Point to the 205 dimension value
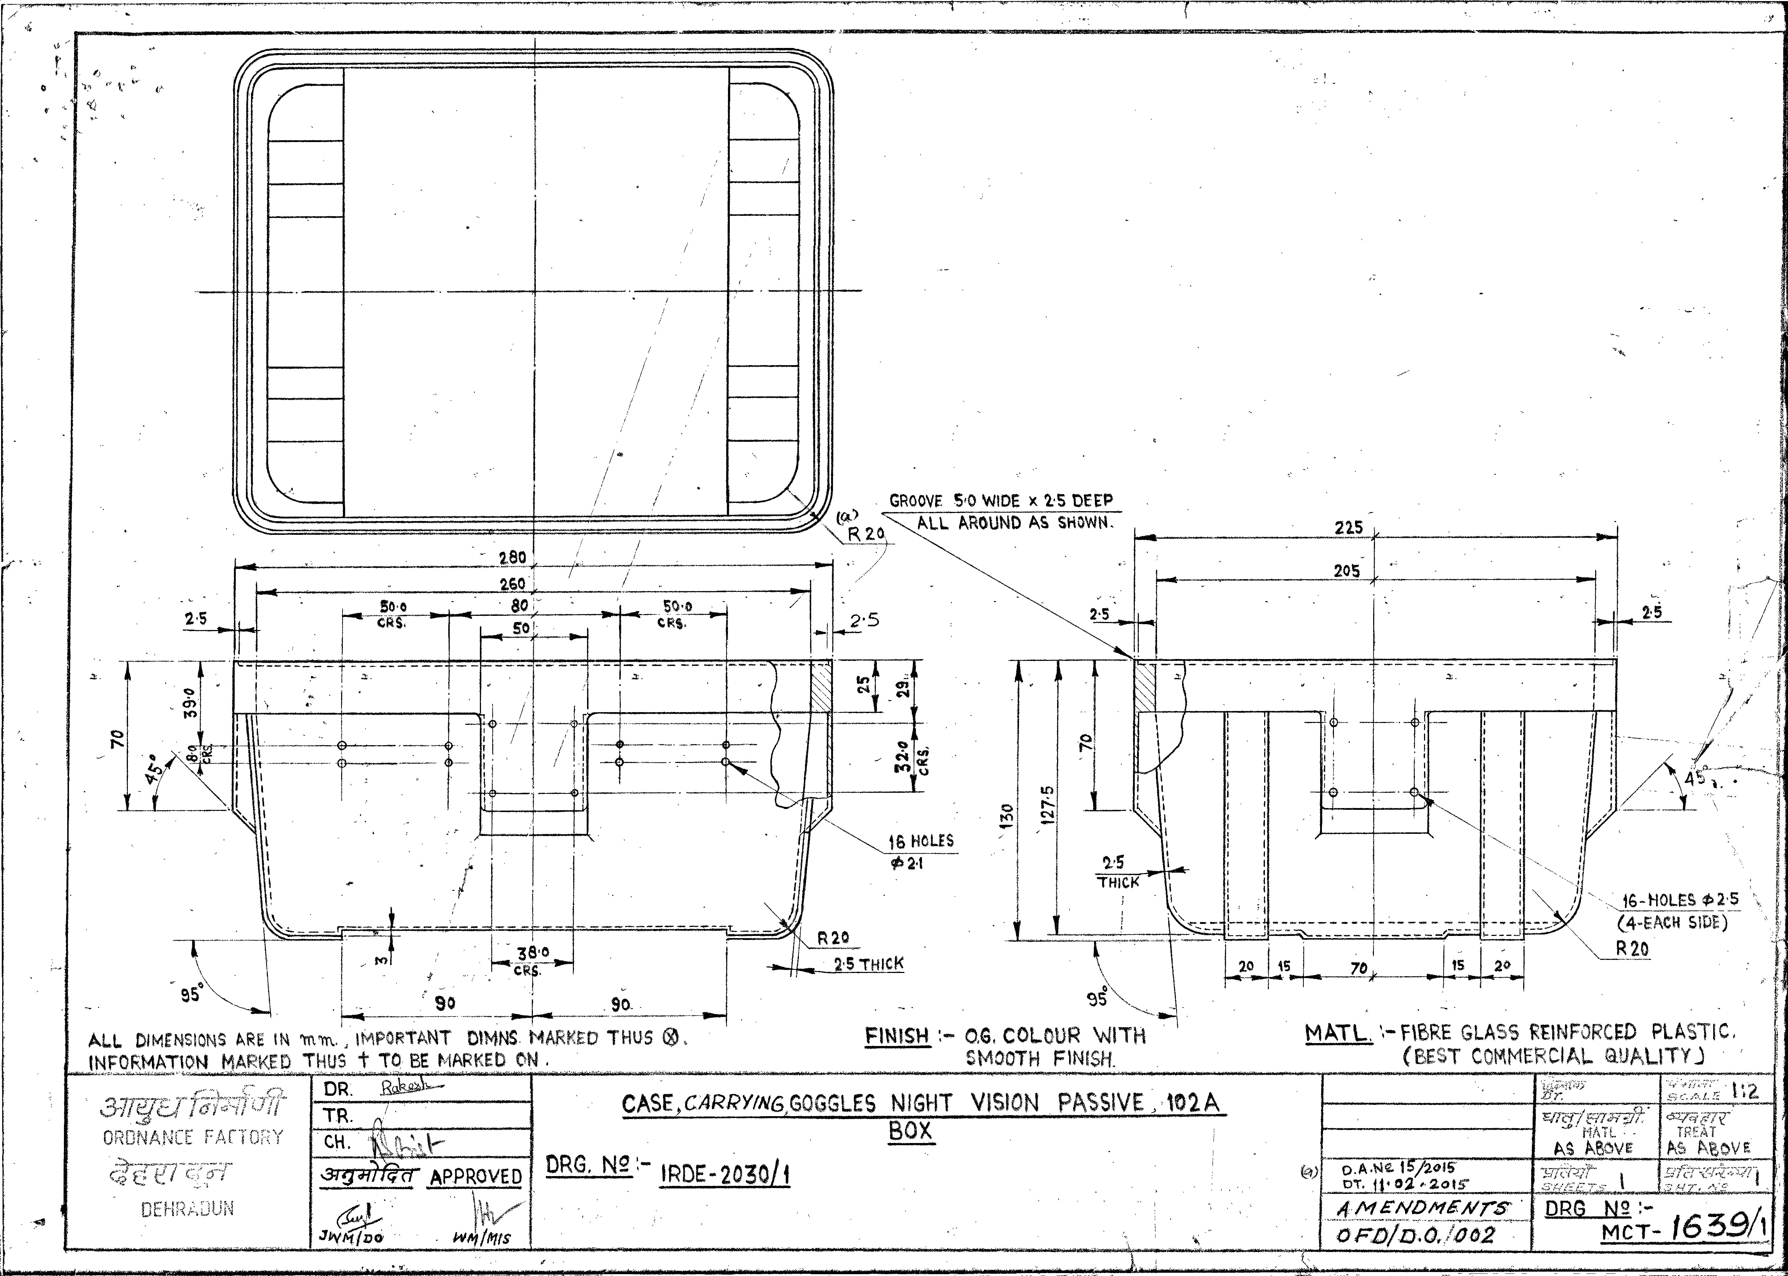(x=1347, y=571)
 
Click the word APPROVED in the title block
(x=475, y=1176)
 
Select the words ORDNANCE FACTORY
(x=193, y=1137)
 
